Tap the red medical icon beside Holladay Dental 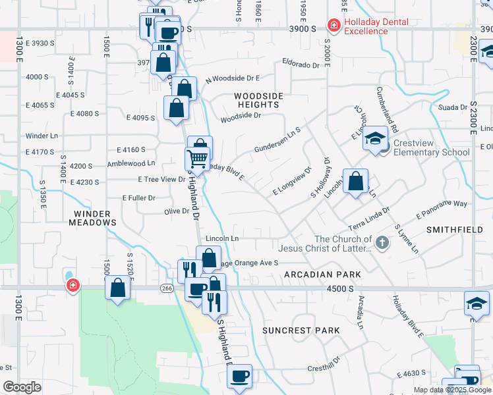pos(335,26)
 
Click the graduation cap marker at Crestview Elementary pos(375,138)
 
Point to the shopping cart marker pos(196,159)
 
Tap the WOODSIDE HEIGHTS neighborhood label pos(259,100)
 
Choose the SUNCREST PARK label pos(301,330)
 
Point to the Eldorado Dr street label pos(301,65)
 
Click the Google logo pos(22,387)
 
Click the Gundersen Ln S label pos(277,140)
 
